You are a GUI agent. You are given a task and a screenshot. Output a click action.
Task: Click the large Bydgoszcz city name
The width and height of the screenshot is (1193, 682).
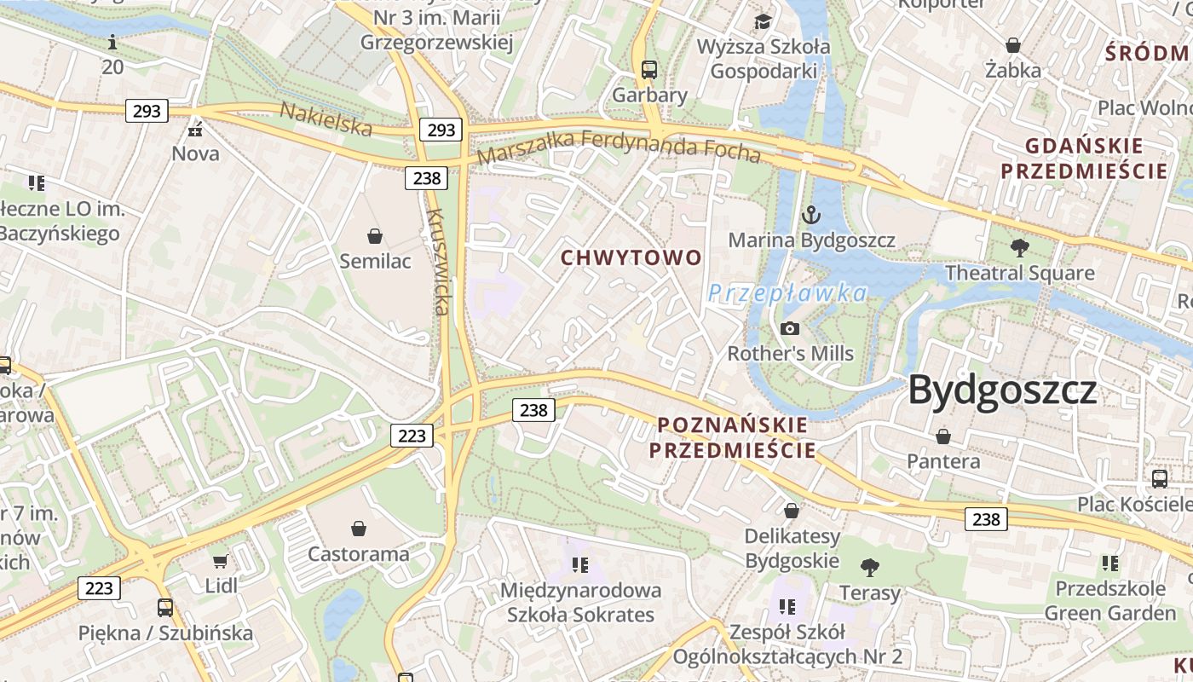click(x=1002, y=390)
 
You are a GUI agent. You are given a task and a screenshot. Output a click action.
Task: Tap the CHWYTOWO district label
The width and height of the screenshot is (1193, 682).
click(x=631, y=257)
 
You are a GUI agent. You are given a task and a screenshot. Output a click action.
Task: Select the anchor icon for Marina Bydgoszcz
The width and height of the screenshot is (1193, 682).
click(x=812, y=214)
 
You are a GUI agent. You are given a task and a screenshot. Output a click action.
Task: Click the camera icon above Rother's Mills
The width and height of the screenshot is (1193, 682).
click(x=790, y=328)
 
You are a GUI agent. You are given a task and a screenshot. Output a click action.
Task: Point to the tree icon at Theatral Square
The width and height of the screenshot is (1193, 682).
click(x=1019, y=248)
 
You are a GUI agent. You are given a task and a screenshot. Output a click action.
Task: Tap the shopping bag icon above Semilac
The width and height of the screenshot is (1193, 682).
click(x=374, y=235)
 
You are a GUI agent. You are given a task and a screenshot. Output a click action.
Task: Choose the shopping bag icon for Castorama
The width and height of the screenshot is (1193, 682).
click(x=358, y=529)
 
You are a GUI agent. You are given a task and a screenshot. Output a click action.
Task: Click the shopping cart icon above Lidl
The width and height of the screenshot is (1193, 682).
click(x=221, y=560)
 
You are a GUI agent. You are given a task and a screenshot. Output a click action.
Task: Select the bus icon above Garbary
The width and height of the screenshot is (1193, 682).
click(x=649, y=69)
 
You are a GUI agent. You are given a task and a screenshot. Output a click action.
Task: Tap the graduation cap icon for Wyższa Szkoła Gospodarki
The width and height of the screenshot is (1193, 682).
click(x=763, y=20)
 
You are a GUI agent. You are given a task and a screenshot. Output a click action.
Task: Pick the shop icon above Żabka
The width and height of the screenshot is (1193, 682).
click(x=1013, y=44)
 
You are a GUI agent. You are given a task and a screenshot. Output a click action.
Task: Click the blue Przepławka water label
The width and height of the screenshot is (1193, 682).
click(x=787, y=294)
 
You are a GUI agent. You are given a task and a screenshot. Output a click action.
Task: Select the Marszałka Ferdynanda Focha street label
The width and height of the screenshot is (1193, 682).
click(x=619, y=146)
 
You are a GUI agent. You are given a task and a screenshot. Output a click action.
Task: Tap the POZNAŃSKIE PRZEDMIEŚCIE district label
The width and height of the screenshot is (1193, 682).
click(x=733, y=437)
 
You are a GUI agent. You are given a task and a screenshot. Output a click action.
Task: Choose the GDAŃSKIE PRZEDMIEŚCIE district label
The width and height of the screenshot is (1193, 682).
click(x=1084, y=159)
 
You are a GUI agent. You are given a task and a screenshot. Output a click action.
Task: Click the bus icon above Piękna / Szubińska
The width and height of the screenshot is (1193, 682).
click(x=165, y=608)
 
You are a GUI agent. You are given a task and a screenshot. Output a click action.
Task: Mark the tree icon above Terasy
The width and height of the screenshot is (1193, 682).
click(x=869, y=567)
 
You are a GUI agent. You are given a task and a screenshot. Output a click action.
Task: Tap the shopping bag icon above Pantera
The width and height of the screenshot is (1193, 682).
click(x=943, y=436)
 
